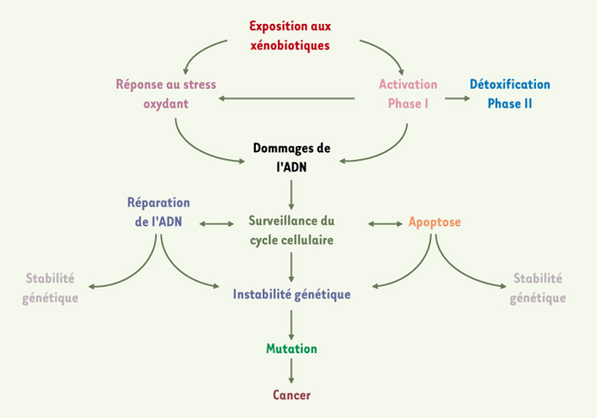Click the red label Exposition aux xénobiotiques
(291, 36)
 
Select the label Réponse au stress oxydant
(166, 94)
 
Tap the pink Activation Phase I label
(408, 94)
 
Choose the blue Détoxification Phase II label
(509, 94)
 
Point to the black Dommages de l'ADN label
(292, 157)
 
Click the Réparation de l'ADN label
(158, 212)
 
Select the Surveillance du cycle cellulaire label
(292, 230)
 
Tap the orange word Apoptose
(435, 222)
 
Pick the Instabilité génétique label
(292, 295)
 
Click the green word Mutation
(292, 348)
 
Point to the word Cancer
(292, 395)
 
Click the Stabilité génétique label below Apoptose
(537, 288)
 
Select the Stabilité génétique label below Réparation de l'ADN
(51, 288)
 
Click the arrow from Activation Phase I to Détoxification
(458, 99)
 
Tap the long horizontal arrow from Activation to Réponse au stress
(287, 99)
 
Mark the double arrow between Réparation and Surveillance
(217, 224)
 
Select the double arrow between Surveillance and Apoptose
(385, 224)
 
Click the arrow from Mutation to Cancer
(292, 371)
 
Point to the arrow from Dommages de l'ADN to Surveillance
(292, 194)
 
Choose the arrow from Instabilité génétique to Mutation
(292, 324)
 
